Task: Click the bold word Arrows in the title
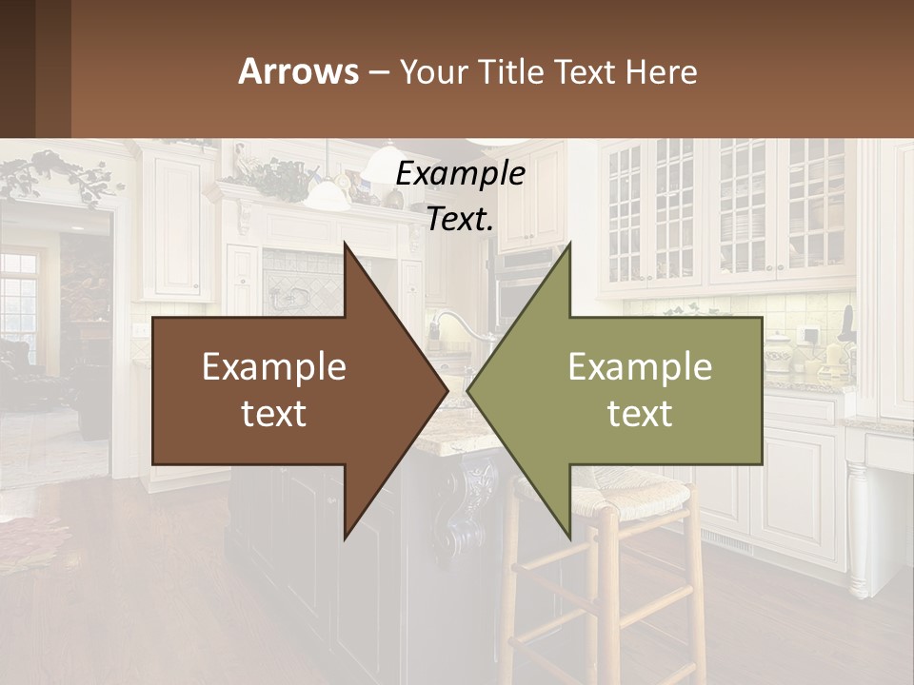(x=298, y=71)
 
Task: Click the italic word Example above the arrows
(x=460, y=173)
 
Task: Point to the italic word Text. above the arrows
(x=460, y=219)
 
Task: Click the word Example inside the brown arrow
(x=274, y=367)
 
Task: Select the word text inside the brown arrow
(x=274, y=414)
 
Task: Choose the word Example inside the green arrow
(x=640, y=367)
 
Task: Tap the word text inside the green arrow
(x=640, y=414)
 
